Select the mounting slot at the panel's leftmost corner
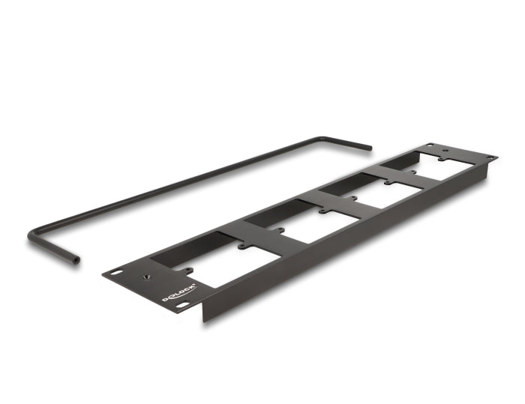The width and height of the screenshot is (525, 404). [115, 271]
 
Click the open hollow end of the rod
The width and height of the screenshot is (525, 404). [75, 259]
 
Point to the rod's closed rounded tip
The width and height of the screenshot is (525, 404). [368, 148]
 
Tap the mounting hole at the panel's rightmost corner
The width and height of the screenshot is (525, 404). [490, 158]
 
